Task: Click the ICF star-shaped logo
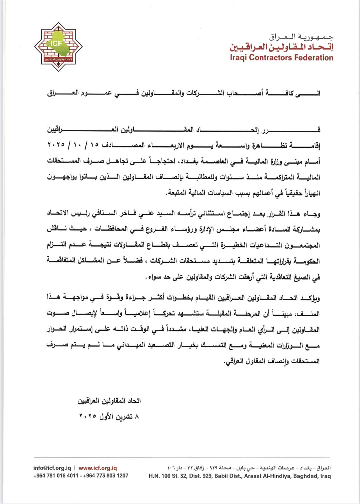click(58, 47)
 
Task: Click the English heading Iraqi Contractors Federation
click(281, 58)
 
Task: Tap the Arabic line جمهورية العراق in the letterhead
click(301, 37)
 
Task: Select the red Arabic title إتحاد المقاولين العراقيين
click(281, 47)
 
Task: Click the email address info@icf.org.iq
click(52, 468)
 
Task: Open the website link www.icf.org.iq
click(98, 468)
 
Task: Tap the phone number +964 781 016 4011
click(55, 476)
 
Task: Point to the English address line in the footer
click(240, 476)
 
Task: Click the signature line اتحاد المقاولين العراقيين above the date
click(109, 401)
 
